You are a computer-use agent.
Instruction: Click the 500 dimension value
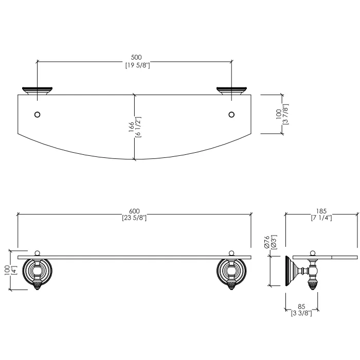[x=136, y=57]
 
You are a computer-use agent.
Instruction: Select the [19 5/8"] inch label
[x=137, y=65]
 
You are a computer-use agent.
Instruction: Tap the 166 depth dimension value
[x=131, y=127]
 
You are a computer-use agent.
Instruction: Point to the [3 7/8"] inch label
[x=286, y=114]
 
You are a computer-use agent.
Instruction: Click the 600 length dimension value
[x=134, y=211]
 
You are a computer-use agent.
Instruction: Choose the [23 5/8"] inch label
[x=134, y=218]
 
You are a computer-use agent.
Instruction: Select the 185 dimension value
[x=321, y=211]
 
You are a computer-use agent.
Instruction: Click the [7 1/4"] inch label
[x=321, y=218]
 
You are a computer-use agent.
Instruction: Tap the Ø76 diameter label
[x=266, y=242]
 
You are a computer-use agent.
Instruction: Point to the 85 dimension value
[x=301, y=307]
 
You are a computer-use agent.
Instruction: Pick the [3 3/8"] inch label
[x=301, y=313]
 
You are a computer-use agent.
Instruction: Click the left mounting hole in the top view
[x=37, y=114]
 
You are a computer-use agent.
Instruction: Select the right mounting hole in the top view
[x=231, y=114]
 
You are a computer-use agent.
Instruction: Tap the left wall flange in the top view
[x=37, y=91]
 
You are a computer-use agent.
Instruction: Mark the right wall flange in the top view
[x=231, y=91]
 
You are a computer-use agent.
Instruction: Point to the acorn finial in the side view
[x=313, y=285]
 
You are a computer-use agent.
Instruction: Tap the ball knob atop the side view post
[x=313, y=253]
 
